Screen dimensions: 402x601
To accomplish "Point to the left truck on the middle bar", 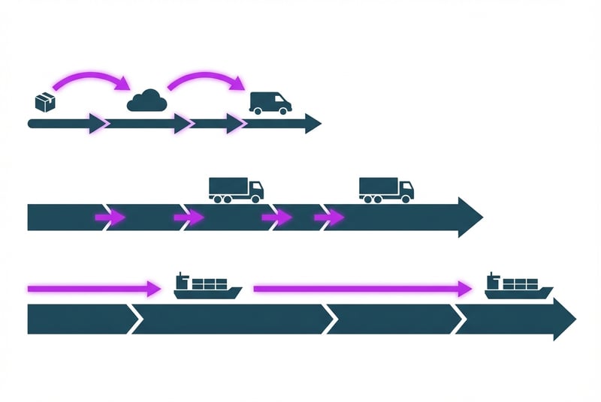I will (x=236, y=189).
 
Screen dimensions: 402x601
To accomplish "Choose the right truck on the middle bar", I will (x=386, y=189).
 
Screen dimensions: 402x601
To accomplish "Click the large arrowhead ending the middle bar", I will (x=470, y=217).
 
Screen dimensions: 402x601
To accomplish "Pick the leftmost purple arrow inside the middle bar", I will (x=110, y=217).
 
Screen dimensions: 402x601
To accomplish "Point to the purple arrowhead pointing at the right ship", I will (x=465, y=287).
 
